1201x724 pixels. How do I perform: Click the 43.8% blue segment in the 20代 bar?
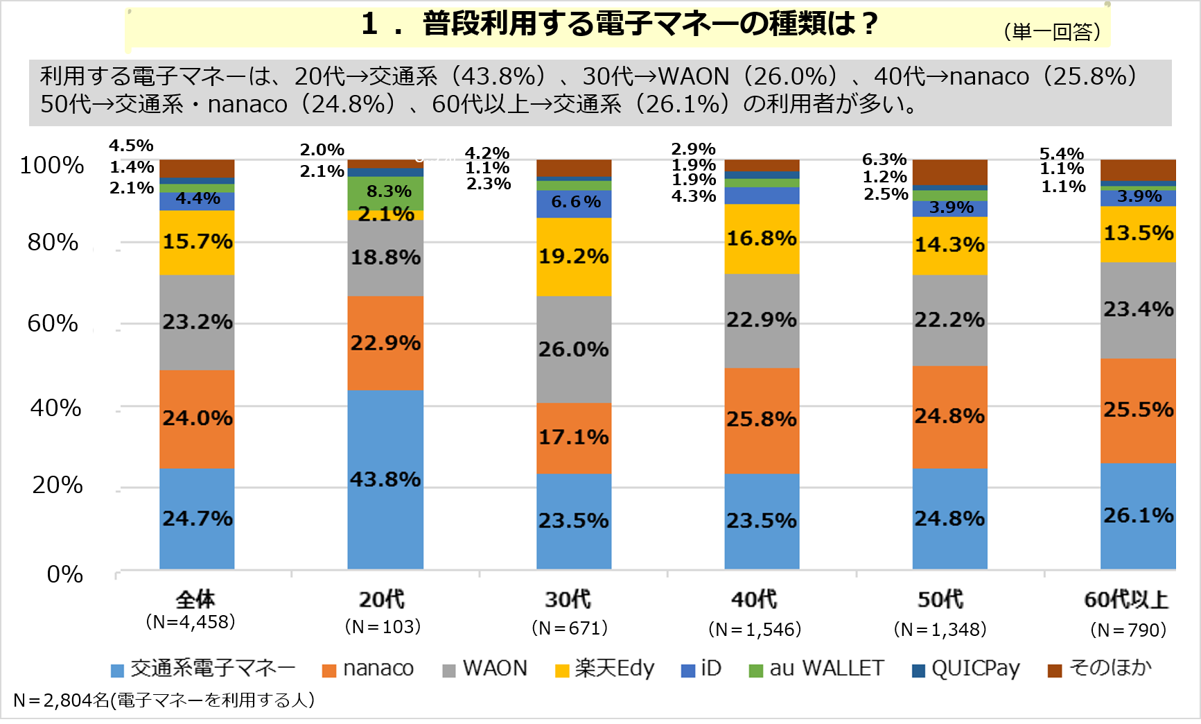coord(385,479)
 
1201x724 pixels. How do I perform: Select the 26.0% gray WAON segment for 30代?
coord(574,349)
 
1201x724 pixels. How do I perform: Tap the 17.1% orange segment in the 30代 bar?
coord(574,438)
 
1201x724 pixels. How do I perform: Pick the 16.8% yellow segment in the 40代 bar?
coord(762,239)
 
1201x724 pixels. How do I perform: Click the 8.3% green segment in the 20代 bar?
coord(385,193)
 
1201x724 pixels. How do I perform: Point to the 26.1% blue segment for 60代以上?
coord(1138,515)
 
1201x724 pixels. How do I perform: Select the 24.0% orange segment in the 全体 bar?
coord(197,418)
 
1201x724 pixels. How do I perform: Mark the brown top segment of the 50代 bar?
coord(949,172)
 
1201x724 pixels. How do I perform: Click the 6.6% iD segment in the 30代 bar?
coord(574,202)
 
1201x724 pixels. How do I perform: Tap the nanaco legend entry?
coord(369,669)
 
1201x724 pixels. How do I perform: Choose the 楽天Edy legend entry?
coord(605,669)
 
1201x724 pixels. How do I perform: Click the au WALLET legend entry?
coord(817,669)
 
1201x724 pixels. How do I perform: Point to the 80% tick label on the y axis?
coord(53,243)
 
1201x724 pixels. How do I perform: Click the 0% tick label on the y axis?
coord(64,574)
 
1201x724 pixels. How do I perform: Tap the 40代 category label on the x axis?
coord(754,599)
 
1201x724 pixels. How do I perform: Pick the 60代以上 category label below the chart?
coord(1126,599)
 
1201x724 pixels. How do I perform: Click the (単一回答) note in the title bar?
coord(1052,32)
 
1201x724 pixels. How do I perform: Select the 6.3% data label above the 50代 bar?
coord(884,160)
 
